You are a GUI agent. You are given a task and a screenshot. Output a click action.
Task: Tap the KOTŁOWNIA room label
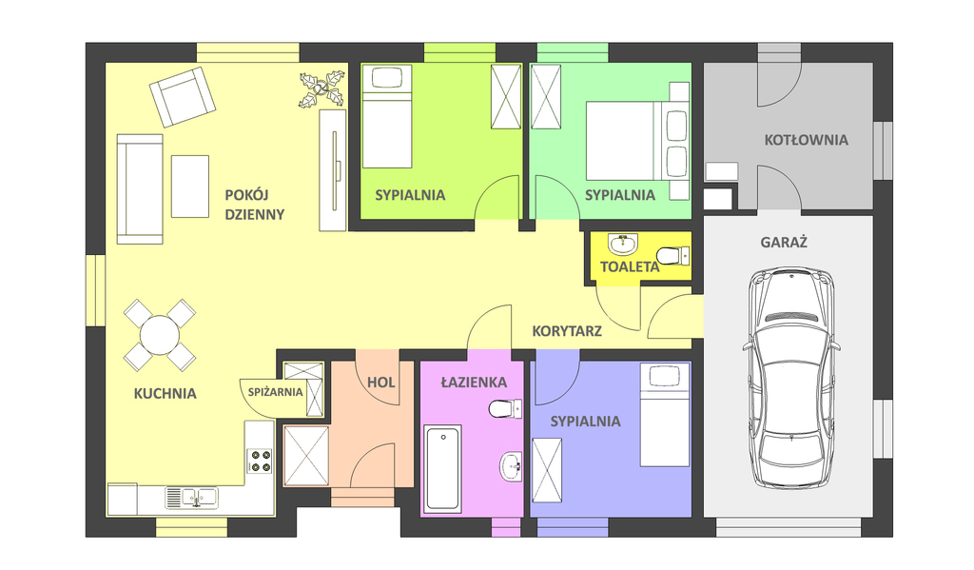click(x=806, y=140)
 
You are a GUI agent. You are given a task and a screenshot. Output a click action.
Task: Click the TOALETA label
click(x=629, y=267)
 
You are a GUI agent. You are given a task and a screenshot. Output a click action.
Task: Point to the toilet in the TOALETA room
click(x=672, y=254)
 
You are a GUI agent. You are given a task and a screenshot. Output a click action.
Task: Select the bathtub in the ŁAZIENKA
click(x=442, y=468)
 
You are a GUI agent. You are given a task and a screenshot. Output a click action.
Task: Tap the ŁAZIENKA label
click(x=474, y=383)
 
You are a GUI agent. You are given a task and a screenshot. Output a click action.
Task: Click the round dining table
click(x=159, y=335)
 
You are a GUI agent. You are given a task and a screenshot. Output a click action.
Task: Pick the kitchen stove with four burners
click(x=260, y=461)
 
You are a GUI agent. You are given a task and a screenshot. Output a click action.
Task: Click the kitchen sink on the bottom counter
click(x=190, y=497)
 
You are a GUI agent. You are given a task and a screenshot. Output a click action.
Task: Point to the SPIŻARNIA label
click(x=275, y=391)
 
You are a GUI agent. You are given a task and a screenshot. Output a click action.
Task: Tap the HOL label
click(x=381, y=383)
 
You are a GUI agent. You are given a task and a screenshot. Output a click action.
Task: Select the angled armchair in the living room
click(x=182, y=96)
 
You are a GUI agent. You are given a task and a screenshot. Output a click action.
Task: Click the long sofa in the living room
click(x=139, y=188)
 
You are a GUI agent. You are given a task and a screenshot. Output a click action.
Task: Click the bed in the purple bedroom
click(x=664, y=415)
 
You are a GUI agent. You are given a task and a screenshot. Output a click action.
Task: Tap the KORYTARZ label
click(x=566, y=332)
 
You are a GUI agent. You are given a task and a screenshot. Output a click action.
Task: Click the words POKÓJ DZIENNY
click(x=254, y=205)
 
